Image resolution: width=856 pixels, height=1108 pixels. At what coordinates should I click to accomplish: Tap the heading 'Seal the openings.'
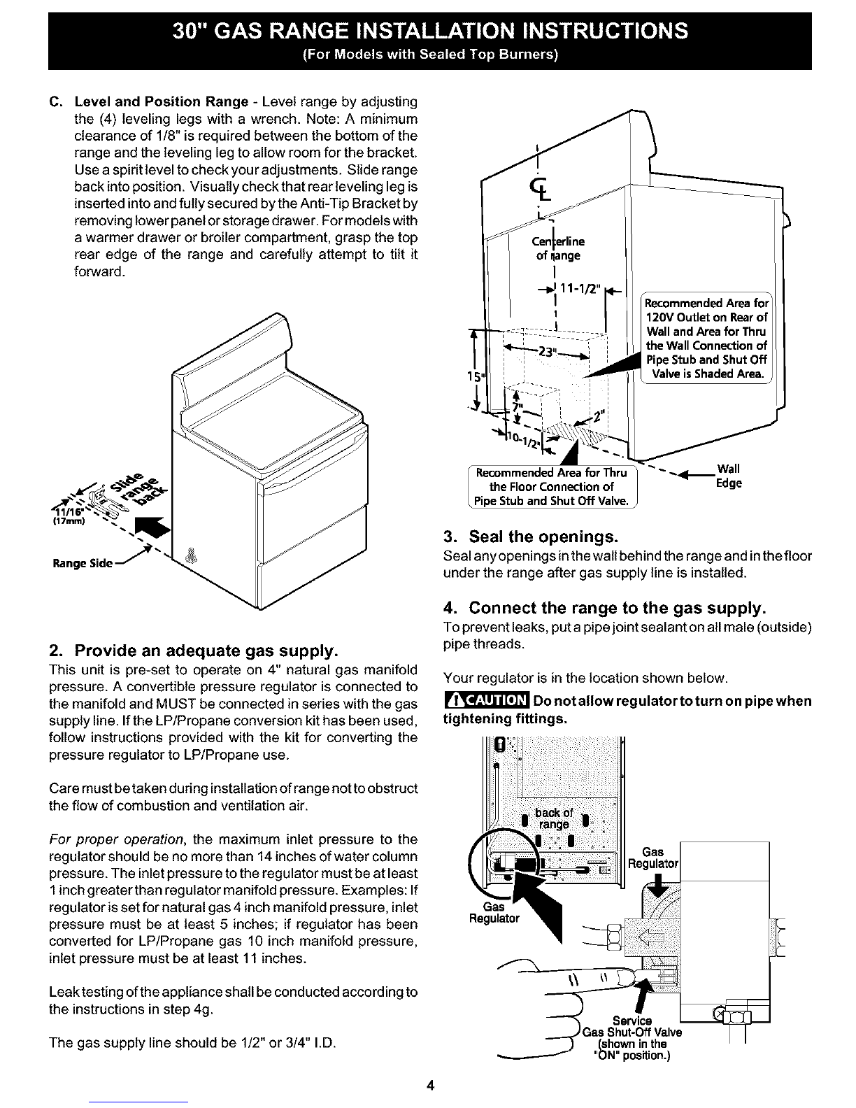point(532,538)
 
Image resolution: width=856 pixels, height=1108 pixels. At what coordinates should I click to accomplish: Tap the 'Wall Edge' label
point(729,476)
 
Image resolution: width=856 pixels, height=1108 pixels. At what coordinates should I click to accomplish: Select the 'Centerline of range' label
point(556,248)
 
